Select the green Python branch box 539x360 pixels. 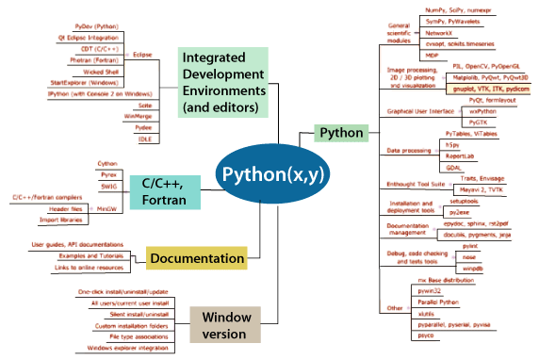(x=341, y=133)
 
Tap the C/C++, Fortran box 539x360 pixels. (x=164, y=189)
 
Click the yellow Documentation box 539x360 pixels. (x=196, y=256)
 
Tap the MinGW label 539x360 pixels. (x=106, y=208)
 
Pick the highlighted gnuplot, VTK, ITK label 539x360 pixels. (x=485, y=88)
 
